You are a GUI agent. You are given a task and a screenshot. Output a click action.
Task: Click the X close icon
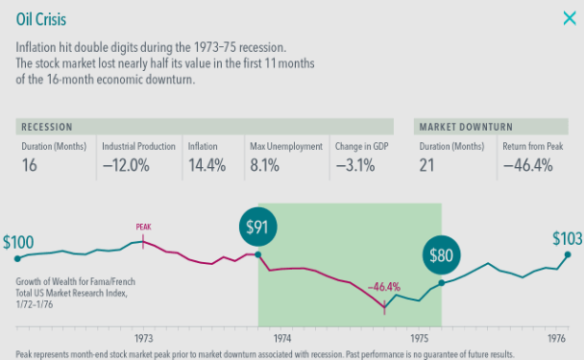[570, 18]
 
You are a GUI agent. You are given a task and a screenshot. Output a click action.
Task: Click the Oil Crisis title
[41, 19]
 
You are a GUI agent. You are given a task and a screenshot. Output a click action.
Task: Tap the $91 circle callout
[257, 227]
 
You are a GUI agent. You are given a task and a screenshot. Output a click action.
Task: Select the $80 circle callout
[441, 255]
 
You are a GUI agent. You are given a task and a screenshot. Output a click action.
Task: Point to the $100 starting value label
[18, 242]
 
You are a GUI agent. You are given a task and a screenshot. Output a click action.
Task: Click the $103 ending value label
[568, 238]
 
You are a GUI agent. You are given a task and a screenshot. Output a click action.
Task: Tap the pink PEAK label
[143, 227]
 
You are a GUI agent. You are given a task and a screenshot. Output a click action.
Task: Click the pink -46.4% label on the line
[384, 287]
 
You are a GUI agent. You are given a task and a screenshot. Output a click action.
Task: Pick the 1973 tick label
[143, 338]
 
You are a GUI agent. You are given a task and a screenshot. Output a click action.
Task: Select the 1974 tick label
[282, 338]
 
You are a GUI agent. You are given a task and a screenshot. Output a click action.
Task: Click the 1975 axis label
[420, 338]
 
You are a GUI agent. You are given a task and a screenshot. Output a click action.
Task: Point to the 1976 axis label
[556, 338]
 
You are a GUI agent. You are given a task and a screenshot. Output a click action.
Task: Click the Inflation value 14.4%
[207, 165]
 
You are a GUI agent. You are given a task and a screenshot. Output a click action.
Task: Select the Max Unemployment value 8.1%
[264, 165]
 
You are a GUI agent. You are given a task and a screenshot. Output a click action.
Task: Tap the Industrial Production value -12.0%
[126, 165]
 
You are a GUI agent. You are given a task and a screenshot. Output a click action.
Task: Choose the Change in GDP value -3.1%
[355, 165]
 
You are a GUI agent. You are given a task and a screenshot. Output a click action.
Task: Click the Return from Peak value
[527, 165]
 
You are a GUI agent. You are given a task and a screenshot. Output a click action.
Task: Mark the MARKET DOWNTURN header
[466, 127]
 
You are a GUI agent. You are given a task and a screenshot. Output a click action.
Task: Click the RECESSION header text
[47, 127]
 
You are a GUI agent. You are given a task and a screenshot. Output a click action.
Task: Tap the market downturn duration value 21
[426, 165]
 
